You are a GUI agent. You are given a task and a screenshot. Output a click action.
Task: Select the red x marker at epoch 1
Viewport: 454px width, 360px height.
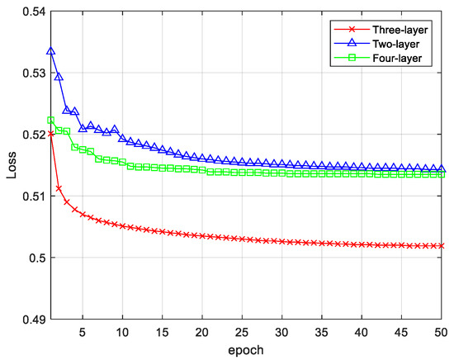click(51, 133)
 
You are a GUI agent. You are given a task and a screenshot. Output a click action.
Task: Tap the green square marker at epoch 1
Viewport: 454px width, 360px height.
click(51, 121)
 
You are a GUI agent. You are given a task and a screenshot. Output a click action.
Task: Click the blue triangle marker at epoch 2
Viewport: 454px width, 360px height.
click(59, 76)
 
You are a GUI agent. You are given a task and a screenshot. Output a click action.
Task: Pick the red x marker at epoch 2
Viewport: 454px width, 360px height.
click(59, 188)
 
